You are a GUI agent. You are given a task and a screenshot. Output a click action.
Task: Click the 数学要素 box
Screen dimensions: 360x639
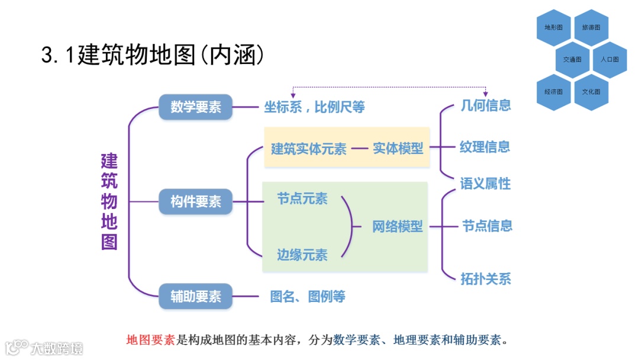(195, 107)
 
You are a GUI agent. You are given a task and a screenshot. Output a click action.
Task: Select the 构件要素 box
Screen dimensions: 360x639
(195, 202)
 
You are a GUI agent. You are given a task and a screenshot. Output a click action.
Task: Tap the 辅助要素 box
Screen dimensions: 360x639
(195, 296)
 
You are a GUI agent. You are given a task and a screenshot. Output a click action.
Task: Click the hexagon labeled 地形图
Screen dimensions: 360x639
(554, 28)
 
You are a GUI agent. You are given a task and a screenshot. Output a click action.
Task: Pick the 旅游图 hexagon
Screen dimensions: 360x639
(591, 28)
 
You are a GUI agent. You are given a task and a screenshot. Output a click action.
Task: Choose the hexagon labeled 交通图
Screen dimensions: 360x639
(572, 60)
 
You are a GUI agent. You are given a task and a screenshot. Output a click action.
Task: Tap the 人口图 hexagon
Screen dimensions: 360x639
(609, 60)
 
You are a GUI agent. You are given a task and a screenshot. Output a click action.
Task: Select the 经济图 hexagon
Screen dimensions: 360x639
(554, 92)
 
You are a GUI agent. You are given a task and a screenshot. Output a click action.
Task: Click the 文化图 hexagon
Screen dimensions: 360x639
(591, 92)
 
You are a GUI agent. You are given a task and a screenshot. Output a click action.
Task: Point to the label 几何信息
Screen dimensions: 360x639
(485, 105)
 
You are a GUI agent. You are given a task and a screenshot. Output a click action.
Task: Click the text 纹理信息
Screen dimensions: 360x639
(485, 147)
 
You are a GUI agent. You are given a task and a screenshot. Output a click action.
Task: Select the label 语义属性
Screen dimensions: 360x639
(485, 184)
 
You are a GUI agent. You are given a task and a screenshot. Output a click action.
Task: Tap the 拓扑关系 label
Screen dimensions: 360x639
(485, 278)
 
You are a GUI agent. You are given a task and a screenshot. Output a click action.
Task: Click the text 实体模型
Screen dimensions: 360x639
(398, 149)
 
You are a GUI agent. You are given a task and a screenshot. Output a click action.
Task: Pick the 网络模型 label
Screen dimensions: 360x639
(398, 226)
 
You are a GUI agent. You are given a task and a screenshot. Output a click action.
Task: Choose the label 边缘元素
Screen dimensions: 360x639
(302, 255)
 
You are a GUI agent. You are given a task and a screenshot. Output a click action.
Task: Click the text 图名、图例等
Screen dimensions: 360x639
(308, 297)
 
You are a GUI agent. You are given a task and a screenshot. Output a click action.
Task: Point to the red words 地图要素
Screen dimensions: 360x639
(151, 340)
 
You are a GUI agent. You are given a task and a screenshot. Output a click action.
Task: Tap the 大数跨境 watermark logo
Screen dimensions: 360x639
(44, 348)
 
